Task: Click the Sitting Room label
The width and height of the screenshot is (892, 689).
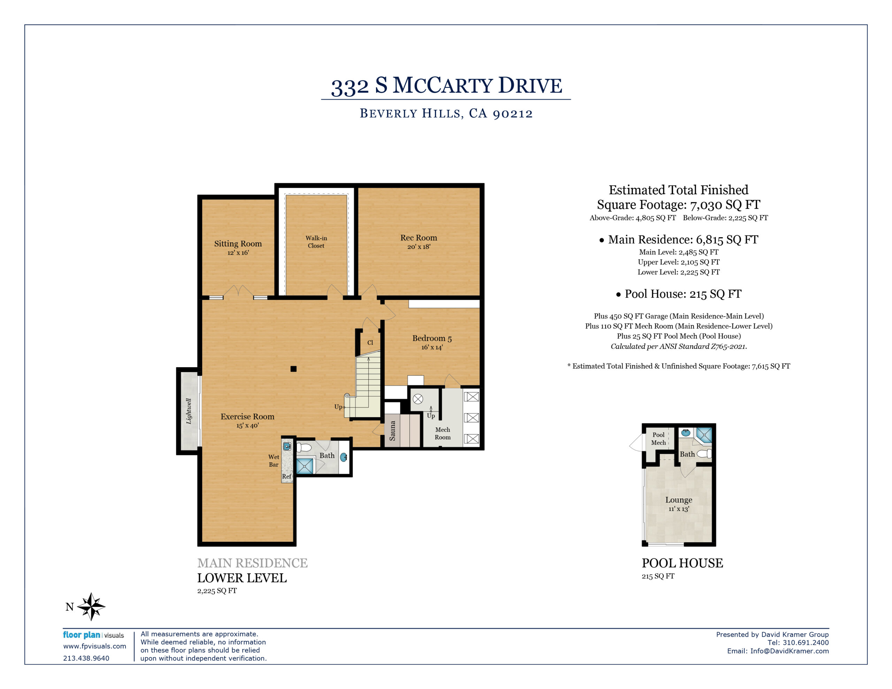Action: tap(238, 243)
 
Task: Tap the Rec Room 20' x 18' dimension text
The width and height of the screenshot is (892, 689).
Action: tap(418, 247)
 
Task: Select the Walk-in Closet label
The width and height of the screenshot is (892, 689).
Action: tap(316, 242)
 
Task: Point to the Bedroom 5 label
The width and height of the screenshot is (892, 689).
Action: tap(432, 338)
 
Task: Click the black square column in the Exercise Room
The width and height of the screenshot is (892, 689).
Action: tap(293, 369)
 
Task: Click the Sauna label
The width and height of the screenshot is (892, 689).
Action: tap(392, 431)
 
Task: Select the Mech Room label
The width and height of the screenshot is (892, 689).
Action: tap(442, 433)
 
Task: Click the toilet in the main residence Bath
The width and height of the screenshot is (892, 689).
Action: tap(304, 447)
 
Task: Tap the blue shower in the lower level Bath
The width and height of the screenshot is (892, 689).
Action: tap(304, 466)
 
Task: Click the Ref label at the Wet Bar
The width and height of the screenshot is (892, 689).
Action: tap(286, 476)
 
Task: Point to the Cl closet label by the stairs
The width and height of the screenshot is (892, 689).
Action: tap(370, 343)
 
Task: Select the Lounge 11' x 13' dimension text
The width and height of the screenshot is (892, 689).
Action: tap(678, 509)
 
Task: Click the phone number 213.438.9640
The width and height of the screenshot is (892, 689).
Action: tap(86, 658)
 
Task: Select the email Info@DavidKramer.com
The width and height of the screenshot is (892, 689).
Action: tap(789, 651)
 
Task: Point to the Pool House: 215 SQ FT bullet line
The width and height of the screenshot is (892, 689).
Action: tap(678, 294)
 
